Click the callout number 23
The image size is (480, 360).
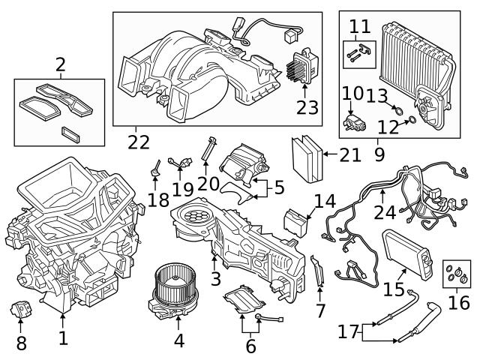pyautogui.click(x=307, y=107)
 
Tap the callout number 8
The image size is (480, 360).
pyautogui.click(x=20, y=344)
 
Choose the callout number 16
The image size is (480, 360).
pyautogui.click(x=459, y=302)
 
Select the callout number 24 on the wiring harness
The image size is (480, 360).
pyautogui.click(x=385, y=211)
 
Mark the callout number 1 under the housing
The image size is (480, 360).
pyautogui.click(x=63, y=338)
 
